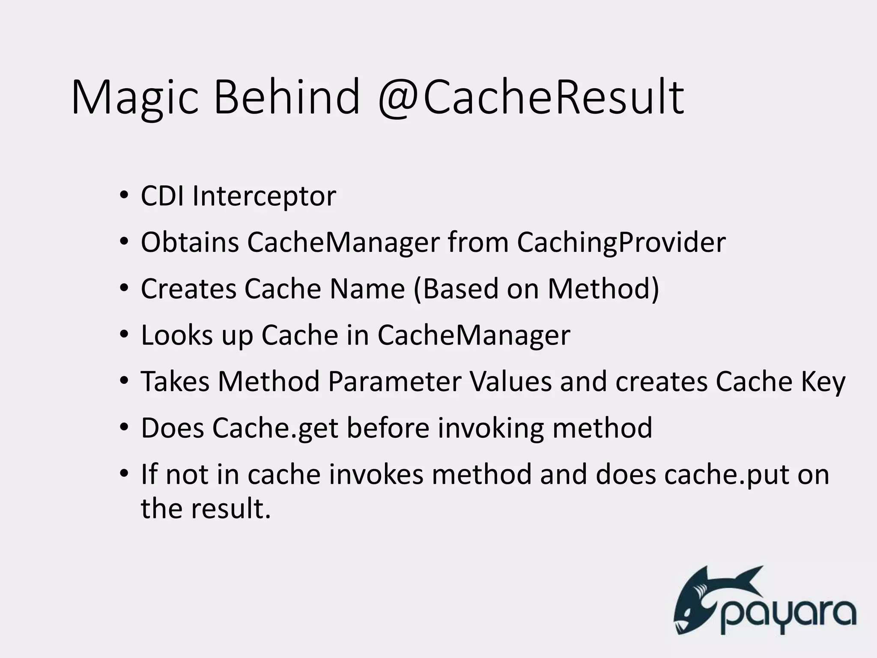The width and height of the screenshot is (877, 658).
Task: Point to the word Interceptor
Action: click(x=264, y=197)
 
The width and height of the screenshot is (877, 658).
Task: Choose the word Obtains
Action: click(x=190, y=242)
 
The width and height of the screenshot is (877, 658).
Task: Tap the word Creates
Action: click(x=188, y=289)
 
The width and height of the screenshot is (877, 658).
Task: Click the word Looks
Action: click(x=177, y=335)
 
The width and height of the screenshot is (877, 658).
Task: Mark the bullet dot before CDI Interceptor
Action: click(x=124, y=196)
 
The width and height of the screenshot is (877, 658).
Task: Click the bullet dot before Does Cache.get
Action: click(x=124, y=427)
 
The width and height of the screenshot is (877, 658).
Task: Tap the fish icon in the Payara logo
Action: click(x=711, y=600)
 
